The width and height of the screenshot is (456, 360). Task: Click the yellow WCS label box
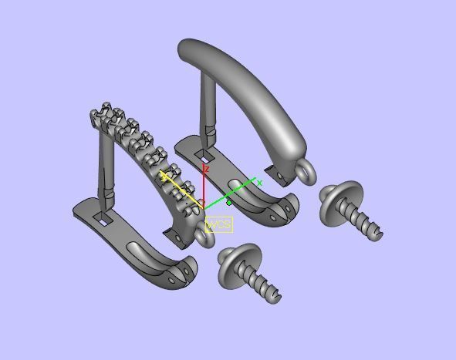coord(219,224)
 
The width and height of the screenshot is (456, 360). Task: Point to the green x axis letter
coord(260,183)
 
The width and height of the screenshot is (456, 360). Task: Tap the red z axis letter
coord(207,168)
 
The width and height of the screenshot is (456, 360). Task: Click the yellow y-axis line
coord(181,187)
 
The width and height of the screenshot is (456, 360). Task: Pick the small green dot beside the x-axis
coord(229,203)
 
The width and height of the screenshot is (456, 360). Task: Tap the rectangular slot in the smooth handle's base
coord(206,167)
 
